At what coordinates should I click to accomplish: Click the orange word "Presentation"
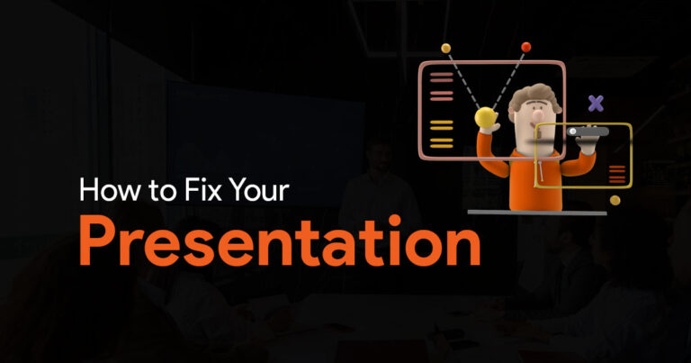pyautogui.click(x=280, y=240)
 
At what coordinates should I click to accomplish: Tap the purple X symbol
pyautogui.click(x=596, y=104)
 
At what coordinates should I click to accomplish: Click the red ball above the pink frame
pyautogui.click(x=525, y=47)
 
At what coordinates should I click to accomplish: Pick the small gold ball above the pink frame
pyautogui.click(x=446, y=48)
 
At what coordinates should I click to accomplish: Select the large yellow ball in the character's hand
pyautogui.click(x=485, y=117)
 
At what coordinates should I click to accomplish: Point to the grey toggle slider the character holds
pyautogui.click(x=588, y=132)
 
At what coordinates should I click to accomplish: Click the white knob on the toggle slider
pyautogui.click(x=572, y=132)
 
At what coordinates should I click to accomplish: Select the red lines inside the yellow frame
pyautogui.click(x=616, y=174)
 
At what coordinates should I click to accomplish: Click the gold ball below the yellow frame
pyautogui.click(x=615, y=201)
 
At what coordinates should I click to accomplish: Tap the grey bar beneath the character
pyautogui.click(x=537, y=213)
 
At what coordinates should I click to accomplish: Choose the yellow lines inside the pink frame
pyautogui.click(x=442, y=134)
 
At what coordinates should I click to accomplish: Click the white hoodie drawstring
pyautogui.click(x=540, y=170)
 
